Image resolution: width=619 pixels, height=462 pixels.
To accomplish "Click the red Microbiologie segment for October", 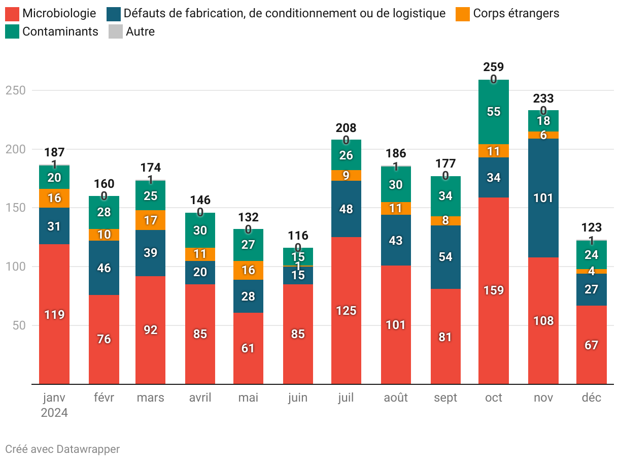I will tap(494, 290).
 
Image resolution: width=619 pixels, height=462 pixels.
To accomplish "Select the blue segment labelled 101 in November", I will tap(543, 198).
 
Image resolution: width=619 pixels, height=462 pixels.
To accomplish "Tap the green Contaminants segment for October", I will tap(494, 112).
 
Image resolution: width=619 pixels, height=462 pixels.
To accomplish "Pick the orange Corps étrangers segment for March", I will tap(151, 220).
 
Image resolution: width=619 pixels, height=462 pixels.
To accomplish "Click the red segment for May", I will tap(248, 348).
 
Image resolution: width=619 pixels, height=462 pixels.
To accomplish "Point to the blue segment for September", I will tap(445, 257).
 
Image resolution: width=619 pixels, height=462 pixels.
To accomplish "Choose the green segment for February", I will tap(104, 212).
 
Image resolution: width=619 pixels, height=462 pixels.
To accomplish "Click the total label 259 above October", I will tap(494, 67).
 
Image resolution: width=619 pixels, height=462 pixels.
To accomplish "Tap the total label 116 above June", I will tap(298, 236).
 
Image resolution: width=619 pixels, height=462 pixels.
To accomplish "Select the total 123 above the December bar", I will tap(592, 227).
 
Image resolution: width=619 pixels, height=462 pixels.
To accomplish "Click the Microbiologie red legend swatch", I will tap(12, 14).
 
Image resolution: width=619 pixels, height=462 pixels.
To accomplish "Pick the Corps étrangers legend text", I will tap(516, 14).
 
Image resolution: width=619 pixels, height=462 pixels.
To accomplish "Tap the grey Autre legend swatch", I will tap(116, 31).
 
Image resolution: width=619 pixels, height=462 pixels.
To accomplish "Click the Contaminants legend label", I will tap(60, 31).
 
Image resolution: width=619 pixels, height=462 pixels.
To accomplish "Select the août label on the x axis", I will tap(396, 398).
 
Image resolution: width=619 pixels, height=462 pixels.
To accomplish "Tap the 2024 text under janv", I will tap(54, 413).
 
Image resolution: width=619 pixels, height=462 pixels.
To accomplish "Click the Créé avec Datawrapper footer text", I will tap(62, 449).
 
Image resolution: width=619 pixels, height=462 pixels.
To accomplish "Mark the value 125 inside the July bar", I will tap(346, 311).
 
